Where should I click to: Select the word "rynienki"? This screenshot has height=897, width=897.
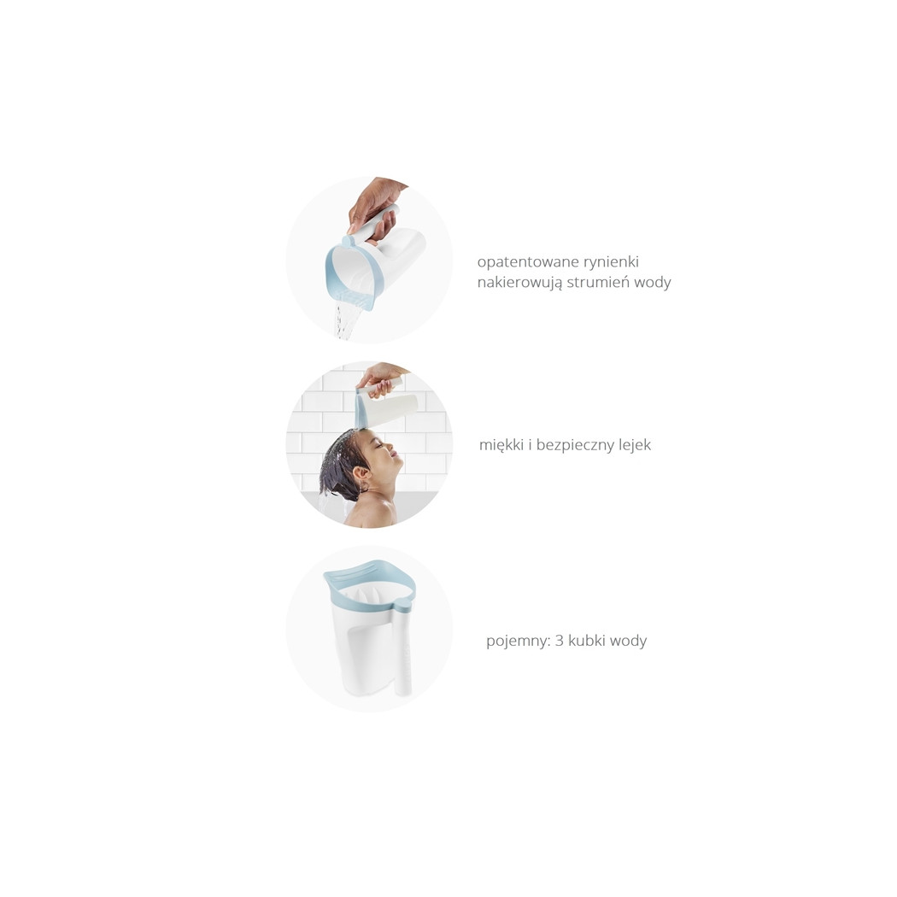[611, 261]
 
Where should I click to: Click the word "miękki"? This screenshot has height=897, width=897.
[501, 444]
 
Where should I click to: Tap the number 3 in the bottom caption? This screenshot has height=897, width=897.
[559, 640]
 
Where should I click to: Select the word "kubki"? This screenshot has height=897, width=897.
[586, 640]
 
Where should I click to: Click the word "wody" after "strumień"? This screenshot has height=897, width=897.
[653, 281]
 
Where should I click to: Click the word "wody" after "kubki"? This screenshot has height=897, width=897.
[628, 640]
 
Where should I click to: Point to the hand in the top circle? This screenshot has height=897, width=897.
[374, 208]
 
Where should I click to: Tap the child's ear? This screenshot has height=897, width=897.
[361, 476]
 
